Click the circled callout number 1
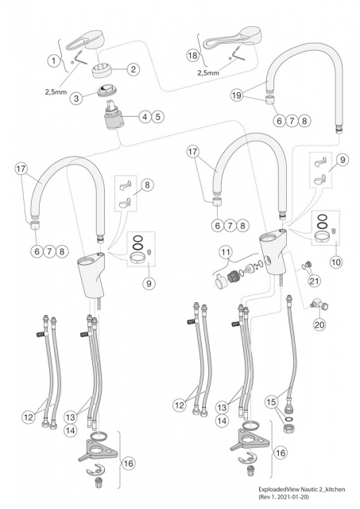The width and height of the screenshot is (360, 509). click(x=54, y=60)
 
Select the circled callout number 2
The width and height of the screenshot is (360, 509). click(x=134, y=69)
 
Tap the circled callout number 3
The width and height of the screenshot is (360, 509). click(x=76, y=98)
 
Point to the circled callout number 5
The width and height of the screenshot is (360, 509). click(x=157, y=117)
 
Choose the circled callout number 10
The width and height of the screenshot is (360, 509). click(x=336, y=262)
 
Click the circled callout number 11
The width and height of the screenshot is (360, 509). click(x=226, y=252)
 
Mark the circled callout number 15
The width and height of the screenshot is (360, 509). click(x=272, y=402)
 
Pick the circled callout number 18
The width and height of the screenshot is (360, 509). click(x=192, y=55)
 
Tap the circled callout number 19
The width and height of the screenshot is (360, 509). click(x=237, y=95)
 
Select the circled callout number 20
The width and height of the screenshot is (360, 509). click(x=319, y=324)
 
